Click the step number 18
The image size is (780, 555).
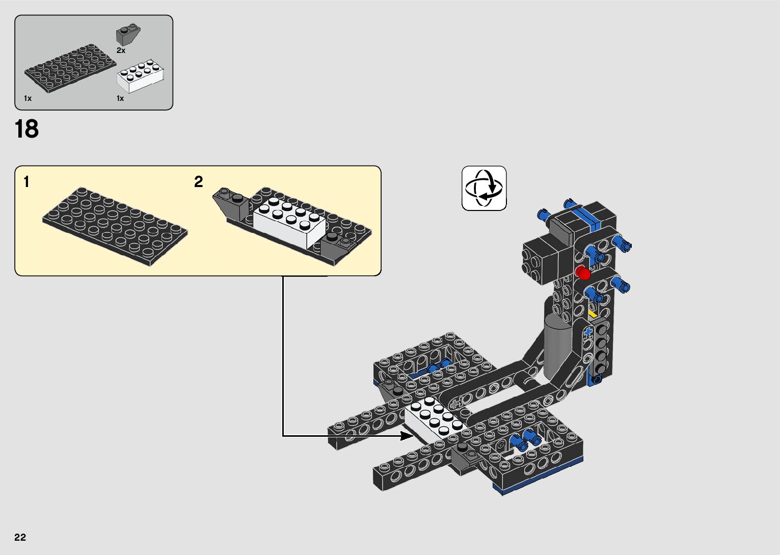coord(27,129)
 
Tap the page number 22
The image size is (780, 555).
coord(20,537)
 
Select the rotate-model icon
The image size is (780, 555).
coord(484,188)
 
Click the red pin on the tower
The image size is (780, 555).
coord(582,272)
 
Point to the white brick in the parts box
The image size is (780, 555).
coord(140,76)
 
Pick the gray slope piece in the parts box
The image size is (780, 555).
coord(128,35)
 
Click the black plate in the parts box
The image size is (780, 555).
coord(70,68)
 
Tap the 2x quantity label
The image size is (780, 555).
coord(121,50)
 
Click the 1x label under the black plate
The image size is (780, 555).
coord(28,98)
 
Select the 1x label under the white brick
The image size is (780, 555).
coord(120,98)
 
